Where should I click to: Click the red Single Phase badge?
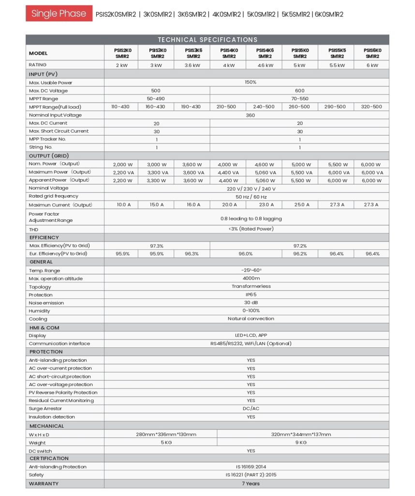[59, 14]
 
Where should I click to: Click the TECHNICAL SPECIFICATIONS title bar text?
[207, 40]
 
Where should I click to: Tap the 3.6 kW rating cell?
[192, 65]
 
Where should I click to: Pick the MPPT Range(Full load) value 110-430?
[120, 107]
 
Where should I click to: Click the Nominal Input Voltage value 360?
[251, 115]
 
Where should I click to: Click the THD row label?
[33, 229]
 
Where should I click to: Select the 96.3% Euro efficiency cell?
[192, 254]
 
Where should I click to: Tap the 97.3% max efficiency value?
[156, 246]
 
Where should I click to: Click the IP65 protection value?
[251, 294]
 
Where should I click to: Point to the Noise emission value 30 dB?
[251, 303]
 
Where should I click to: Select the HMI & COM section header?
[44, 327]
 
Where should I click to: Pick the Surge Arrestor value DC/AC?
[251, 409]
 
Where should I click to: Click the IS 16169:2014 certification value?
[251, 467]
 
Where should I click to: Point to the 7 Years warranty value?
[251, 483]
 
